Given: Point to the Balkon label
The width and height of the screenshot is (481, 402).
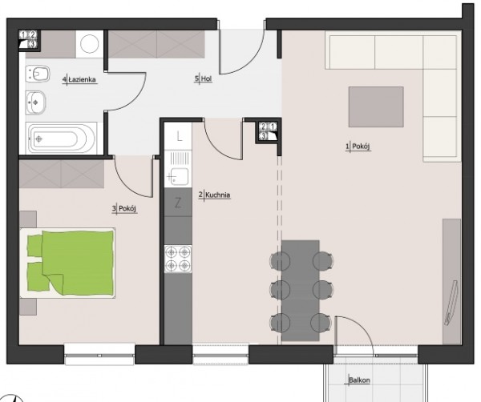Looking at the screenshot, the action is (359, 380).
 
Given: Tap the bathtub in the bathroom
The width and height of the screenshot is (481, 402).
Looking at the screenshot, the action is (61, 139).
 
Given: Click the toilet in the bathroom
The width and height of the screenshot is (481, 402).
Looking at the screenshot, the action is (38, 74).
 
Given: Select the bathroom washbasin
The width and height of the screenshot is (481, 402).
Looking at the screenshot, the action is (36, 103).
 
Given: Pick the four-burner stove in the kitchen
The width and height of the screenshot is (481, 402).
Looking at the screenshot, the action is (178, 259).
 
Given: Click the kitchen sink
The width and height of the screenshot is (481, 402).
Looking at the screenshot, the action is (178, 169).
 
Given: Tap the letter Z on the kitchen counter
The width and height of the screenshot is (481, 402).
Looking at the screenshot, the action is (178, 203).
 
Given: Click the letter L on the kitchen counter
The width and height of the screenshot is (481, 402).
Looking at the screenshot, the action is (180, 136).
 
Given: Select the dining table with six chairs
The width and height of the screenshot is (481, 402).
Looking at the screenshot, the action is (301, 291).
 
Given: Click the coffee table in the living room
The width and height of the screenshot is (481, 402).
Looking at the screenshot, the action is (376, 107).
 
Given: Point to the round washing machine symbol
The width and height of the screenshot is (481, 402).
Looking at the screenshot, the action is (90, 44).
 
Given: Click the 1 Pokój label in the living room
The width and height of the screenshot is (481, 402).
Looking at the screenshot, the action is (358, 147).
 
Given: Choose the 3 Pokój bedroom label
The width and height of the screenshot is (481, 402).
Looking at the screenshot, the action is (124, 209).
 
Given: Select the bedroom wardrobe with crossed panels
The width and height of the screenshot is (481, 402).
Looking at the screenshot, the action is (62, 174).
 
